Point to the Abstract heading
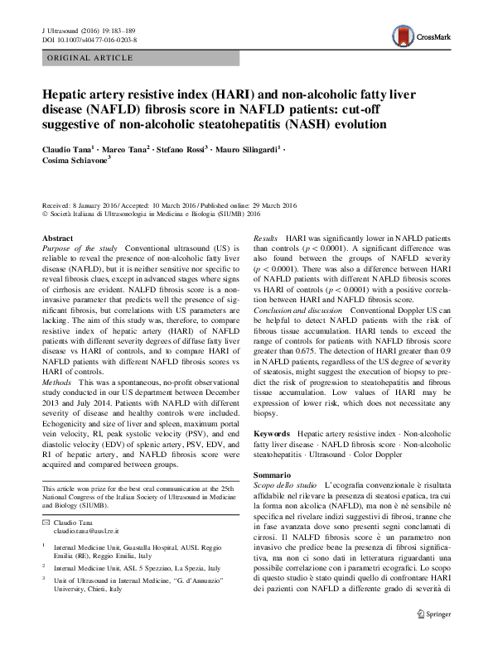(57, 238)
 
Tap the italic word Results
(267, 238)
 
